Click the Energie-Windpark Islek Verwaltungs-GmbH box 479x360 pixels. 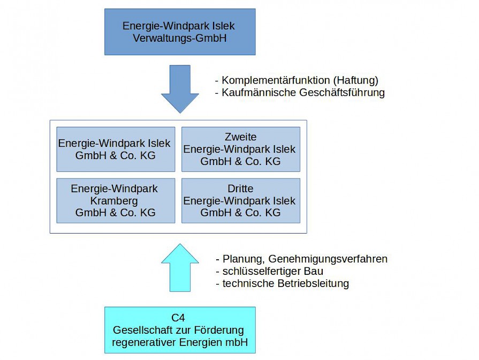[180, 32]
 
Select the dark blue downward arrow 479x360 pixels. [180, 89]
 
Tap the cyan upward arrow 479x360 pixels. [180, 268]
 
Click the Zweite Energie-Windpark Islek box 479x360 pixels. [241, 149]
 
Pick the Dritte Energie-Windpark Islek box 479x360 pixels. [241, 201]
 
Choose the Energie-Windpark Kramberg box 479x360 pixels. [116, 201]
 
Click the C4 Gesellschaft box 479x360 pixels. [180, 330]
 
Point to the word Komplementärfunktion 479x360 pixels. [276, 80]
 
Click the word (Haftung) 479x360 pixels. [356, 80]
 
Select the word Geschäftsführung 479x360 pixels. [342, 93]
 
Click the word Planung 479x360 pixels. [244, 259]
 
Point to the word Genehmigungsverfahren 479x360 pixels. [328, 259]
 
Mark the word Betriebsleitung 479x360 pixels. [313, 283]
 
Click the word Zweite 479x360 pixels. [241, 137]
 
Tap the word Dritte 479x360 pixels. [241, 189]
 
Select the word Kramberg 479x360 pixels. [114, 201]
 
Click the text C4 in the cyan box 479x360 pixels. [178, 318]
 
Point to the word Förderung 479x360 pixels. [219, 330]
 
